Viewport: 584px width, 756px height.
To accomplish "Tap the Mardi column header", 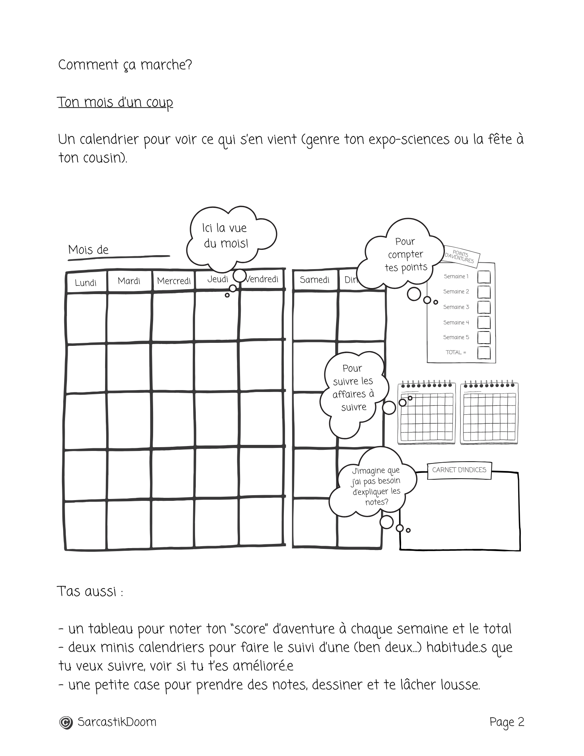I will (x=129, y=281).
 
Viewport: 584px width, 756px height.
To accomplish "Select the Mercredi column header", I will (x=174, y=281).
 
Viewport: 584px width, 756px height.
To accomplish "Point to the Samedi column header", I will (x=314, y=280).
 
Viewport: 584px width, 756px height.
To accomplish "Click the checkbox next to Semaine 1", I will (x=484, y=277).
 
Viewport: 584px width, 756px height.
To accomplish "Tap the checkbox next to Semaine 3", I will (x=484, y=307).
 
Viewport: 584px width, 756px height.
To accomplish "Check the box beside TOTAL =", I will (x=484, y=352).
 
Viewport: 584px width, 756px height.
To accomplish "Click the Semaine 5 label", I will (x=456, y=337).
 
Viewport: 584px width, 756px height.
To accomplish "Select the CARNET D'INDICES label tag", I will (x=459, y=470).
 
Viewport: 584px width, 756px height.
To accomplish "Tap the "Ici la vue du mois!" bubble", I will (x=226, y=235).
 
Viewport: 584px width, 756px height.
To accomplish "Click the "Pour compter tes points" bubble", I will (x=405, y=254).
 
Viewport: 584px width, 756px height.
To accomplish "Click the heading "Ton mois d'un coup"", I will (x=115, y=102).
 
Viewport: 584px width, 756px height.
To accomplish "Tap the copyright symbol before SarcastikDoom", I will (x=66, y=722).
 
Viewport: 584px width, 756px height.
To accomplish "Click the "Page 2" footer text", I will (x=507, y=722).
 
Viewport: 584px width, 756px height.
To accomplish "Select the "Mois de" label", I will (x=88, y=250).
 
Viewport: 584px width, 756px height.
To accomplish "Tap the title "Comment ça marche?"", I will (x=125, y=65).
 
